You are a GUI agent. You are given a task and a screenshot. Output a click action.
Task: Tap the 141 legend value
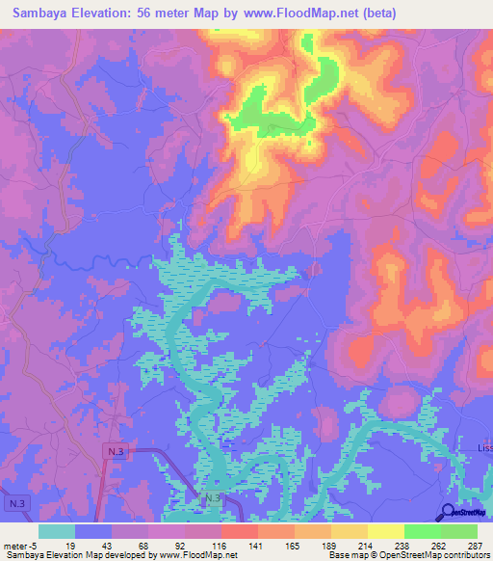coord(256,546)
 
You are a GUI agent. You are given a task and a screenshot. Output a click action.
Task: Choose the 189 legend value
coord(329,546)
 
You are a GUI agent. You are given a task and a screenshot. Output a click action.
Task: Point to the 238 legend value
coord(402,546)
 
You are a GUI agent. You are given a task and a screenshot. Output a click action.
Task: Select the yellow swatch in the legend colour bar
coord(385,531)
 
